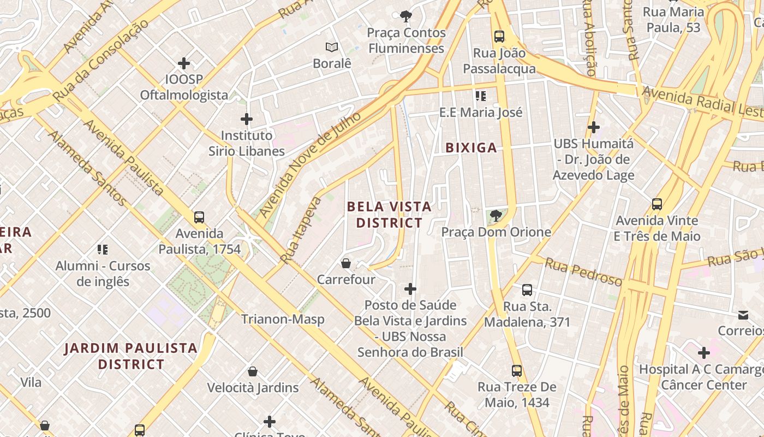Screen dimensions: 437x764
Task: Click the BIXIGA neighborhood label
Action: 471,147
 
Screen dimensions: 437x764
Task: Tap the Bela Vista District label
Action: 389,215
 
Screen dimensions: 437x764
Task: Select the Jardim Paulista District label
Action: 130,356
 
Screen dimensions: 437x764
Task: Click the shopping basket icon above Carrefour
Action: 346,264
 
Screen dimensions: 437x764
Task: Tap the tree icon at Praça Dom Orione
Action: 496,216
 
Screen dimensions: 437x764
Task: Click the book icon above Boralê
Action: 332,47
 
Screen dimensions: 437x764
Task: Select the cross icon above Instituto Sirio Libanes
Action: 247,119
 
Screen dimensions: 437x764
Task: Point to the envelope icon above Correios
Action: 743,315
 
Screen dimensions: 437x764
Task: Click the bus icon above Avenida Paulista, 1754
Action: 199,217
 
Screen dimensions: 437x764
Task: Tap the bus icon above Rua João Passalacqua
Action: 499,37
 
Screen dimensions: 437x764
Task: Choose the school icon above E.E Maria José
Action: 481,96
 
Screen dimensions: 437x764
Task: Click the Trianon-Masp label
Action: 283,319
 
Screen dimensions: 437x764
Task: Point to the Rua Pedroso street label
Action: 583,271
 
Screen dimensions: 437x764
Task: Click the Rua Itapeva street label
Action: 301,230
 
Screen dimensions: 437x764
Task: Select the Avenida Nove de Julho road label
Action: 310,165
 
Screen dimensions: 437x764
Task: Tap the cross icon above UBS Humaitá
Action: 594,127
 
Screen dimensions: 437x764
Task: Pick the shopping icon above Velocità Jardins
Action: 253,371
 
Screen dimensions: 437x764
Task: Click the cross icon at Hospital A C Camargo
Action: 704,352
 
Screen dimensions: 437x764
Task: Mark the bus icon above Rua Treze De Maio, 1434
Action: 517,371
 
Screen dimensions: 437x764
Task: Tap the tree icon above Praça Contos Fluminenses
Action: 406,16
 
